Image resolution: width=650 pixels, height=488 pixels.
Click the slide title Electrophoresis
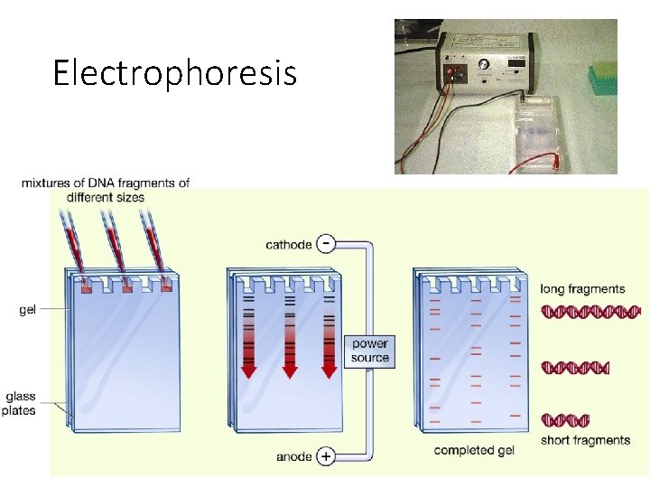coord(174,72)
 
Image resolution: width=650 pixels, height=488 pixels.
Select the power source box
coord(370,351)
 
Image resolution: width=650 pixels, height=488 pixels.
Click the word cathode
coord(289,245)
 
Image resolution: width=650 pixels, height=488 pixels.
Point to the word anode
coord(295,456)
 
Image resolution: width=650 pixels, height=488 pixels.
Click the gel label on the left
coord(28,309)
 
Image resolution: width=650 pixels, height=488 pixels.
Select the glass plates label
coord(21,404)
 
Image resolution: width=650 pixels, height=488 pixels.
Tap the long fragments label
coord(582,289)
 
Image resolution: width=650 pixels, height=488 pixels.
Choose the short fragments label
coord(585,440)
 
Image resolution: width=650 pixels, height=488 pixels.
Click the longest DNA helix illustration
coord(591,312)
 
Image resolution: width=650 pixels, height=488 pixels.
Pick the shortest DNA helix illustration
coord(565,420)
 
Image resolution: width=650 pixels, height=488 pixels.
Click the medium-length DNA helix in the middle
coord(575,368)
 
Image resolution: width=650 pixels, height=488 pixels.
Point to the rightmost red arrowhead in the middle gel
coord(330,371)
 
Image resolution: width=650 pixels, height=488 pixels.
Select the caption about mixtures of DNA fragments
coord(106,190)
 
